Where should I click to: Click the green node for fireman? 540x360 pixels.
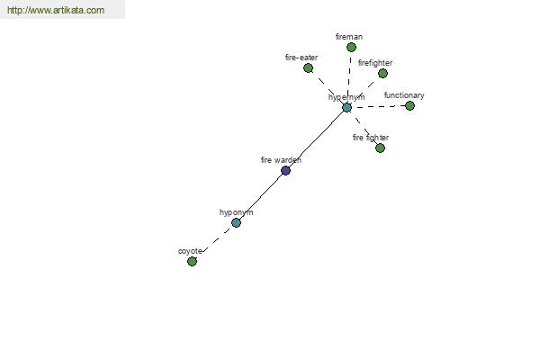pos(351,47)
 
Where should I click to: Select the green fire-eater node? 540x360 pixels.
pos(308,67)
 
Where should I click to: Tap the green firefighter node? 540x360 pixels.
pos(382,73)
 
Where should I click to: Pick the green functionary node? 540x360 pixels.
pos(409,106)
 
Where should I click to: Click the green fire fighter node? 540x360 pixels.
pos(380,148)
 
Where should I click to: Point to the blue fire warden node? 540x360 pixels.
pos(285,170)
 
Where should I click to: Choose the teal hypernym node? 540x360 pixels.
pos(346,107)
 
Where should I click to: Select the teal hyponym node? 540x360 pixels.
pos(236,222)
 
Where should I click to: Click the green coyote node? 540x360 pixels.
pos(192,262)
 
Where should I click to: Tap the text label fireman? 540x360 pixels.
pos(349,37)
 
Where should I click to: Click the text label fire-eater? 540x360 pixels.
pos(301,58)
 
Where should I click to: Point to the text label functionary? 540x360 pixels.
pos(404,95)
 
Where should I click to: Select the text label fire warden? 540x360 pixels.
pos(281,160)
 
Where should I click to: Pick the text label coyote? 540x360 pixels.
pos(190,251)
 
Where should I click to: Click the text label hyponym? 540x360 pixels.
pos(236,212)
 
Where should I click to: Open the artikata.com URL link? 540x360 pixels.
pos(56,10)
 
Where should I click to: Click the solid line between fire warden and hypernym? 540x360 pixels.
pos(316,139)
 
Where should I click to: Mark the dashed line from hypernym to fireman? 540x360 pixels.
pos(349,77)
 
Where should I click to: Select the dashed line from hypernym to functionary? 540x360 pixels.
pos(378,107)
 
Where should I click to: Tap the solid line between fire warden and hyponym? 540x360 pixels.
pos(261,197)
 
